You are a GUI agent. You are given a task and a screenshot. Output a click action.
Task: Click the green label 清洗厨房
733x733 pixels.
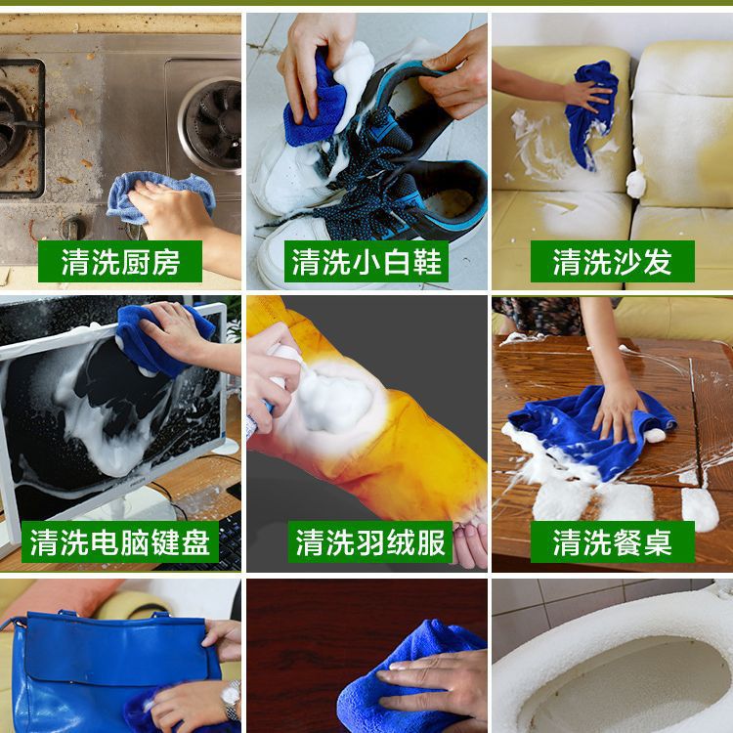[120, 261]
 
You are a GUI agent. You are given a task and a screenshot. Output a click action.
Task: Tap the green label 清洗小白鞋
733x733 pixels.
[366, 261]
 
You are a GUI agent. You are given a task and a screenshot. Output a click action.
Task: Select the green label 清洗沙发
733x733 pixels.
[613, 261]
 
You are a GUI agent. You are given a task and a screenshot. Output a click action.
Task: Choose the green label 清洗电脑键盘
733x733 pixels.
[120, 541]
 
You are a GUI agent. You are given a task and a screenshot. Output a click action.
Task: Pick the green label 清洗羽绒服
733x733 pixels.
[369, 541]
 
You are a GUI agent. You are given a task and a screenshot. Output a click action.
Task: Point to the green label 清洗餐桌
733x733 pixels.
[613, 541]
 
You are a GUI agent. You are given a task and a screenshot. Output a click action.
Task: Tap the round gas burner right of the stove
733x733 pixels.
[210, 124]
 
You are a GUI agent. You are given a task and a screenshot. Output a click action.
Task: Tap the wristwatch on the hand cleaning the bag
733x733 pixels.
[231, 700]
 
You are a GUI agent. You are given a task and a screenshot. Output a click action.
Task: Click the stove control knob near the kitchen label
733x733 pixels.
[72, 229]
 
